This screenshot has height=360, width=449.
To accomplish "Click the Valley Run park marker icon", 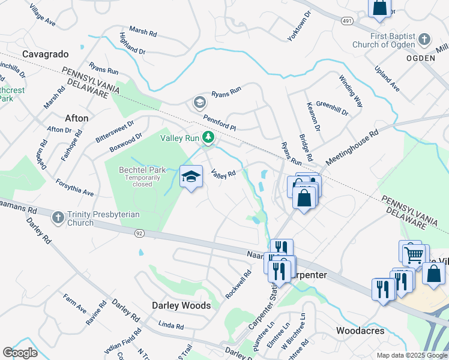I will [x=208, y=138].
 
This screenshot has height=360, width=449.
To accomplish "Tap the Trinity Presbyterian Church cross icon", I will [x=58, y=217].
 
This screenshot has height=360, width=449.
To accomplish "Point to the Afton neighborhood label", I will [x=76, y=118].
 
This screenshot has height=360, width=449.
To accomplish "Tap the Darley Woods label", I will [x=181, y=305].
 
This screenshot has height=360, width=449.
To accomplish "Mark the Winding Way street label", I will [x=351, y=91].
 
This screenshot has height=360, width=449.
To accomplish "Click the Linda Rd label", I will [x=171, y=325].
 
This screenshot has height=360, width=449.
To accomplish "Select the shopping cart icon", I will [x=415, y=254].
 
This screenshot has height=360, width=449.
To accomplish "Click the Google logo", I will [x=20, y=353].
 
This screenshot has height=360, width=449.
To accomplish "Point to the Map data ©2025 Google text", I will [x=411, y=355].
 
